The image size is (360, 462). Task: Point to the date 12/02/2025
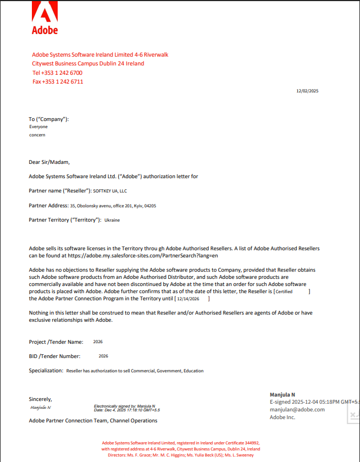pyautogui.click(x=307, y=91)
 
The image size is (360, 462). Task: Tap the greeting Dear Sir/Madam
pyautogui.click(x=49, y=162)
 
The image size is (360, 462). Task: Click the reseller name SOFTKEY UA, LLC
pyautogui.click(x=110, y=191)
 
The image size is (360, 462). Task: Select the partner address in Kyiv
pyautogui.click(x=113, y=206)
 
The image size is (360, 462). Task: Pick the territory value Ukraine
pyautogui.click(x=112, y=220)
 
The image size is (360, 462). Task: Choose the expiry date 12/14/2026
pyautogui.click(x=188, y=299)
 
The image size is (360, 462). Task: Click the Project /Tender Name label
pyautogui.click(x=56, y=342)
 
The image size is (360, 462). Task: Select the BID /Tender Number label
pyautogui.click(x=54, y=356)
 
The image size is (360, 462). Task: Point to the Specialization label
pyautogui.click(x=46, y=371)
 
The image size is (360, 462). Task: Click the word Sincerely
pyautogui.click(x=40, y=399)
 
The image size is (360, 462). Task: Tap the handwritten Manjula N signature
pyautogui.click(x=41, y=408)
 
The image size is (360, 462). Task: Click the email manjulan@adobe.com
pyautogui.click(x=297, y=409)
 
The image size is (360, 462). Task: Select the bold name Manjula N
pyautogui.click(x=283, y=395)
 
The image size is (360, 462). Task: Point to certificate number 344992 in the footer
pyautogui.click(x=250, y=442)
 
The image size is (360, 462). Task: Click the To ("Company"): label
pyautogui.click(x=49, y=119)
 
